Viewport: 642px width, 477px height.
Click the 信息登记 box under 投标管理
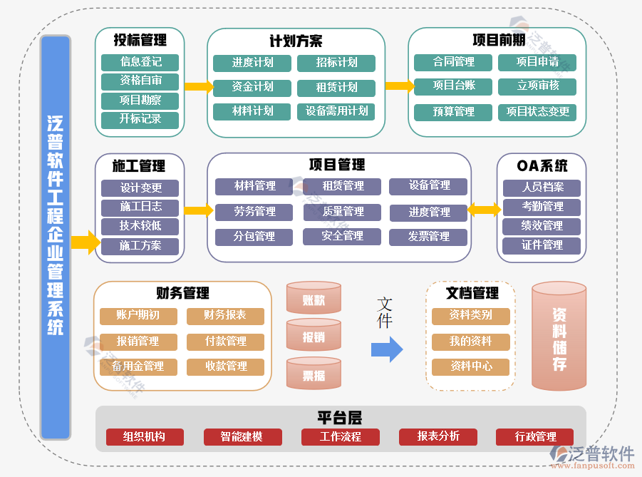[140, 62]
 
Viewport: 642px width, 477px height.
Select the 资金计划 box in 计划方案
[252, 87]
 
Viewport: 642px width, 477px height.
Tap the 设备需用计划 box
[336, 111]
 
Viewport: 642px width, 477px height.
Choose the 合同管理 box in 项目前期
[454, 63]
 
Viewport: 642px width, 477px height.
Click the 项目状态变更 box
[537, 112]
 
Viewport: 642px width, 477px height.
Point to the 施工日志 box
[140, 207]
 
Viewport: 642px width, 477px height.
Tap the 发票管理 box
[428, 237]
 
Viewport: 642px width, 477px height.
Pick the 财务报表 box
[225, 316]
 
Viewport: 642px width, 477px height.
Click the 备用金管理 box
[138, 366]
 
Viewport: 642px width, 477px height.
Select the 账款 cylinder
[314, 299]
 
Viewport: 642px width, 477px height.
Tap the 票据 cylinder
[314, 374]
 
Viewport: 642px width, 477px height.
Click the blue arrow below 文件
[387, 349]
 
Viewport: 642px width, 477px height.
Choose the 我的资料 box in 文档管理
[471, 342]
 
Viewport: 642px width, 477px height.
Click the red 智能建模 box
[242, 436]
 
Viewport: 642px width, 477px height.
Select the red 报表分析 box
[438, 436]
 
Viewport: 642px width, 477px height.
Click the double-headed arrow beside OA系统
[484, 210]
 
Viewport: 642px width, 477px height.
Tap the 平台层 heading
[340, 418]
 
